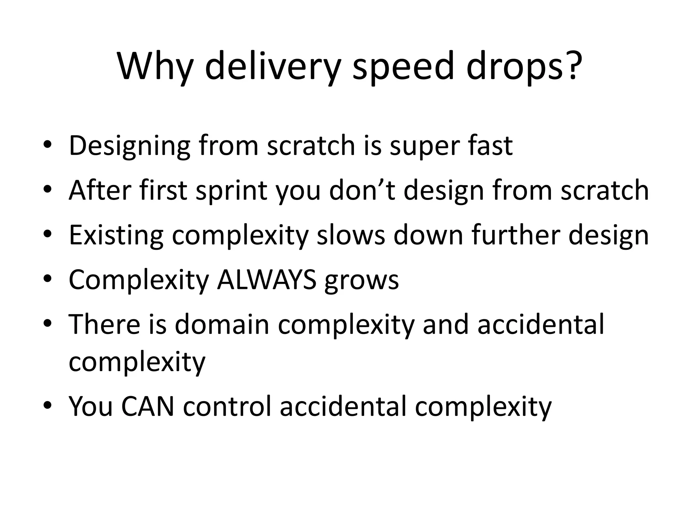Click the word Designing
(x=129, y=146)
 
